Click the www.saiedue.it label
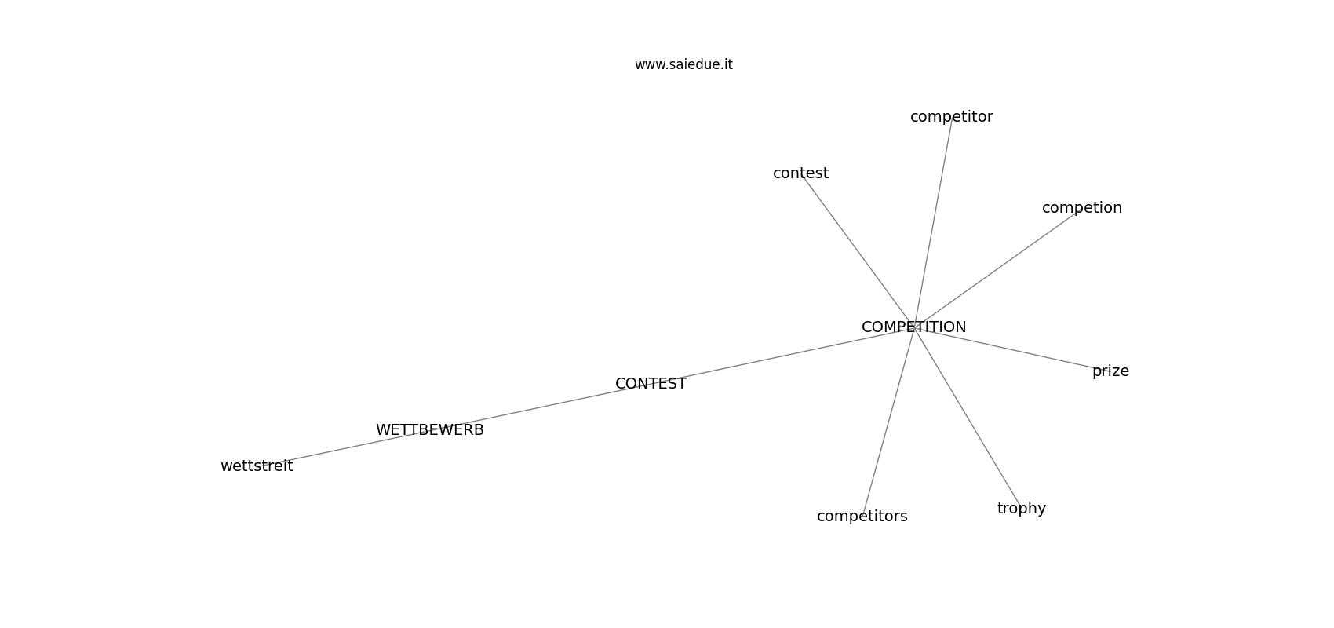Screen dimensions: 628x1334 683,65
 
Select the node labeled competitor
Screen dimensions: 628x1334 951,117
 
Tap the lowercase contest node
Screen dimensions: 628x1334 800,173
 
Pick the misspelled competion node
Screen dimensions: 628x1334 1081,208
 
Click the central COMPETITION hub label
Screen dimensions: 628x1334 913,327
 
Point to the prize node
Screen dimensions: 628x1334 1110,371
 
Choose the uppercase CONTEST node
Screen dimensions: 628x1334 651,384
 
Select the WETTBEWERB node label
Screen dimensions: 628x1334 429,430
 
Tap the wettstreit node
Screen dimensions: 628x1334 257,466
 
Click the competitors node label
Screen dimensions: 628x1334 862,517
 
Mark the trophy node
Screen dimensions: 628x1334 1021,509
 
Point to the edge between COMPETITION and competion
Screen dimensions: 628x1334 997,268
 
